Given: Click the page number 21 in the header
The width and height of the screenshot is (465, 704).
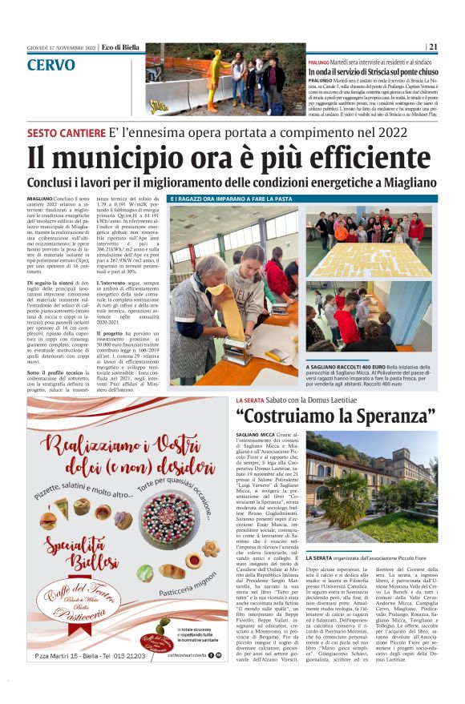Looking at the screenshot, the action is (433, 46).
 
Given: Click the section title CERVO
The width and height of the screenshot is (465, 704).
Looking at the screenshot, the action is (51, 65).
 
